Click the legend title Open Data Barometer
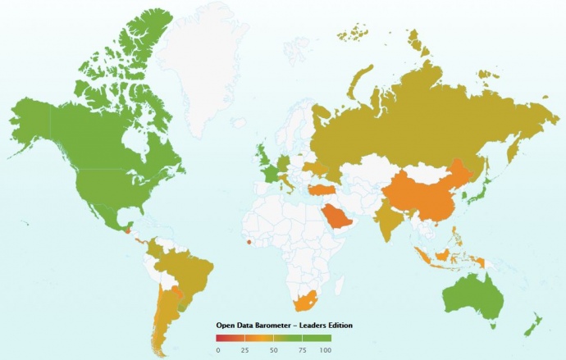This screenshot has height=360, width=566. click(x=284, y=326)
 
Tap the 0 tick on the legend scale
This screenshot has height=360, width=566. click(x=218, y=350)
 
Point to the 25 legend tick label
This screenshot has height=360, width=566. click(x=245, y=350)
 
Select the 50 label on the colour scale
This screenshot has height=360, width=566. click(x=272, y=350)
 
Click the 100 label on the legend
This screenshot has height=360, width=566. click(x=325, y=350)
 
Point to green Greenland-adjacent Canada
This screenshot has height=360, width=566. click(x=98, y=123)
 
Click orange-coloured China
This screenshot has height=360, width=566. click(x=427, y=197)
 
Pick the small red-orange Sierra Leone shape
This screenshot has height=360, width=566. click(x=249, y=241)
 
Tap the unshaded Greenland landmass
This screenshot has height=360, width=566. click(x=197, y=66)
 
